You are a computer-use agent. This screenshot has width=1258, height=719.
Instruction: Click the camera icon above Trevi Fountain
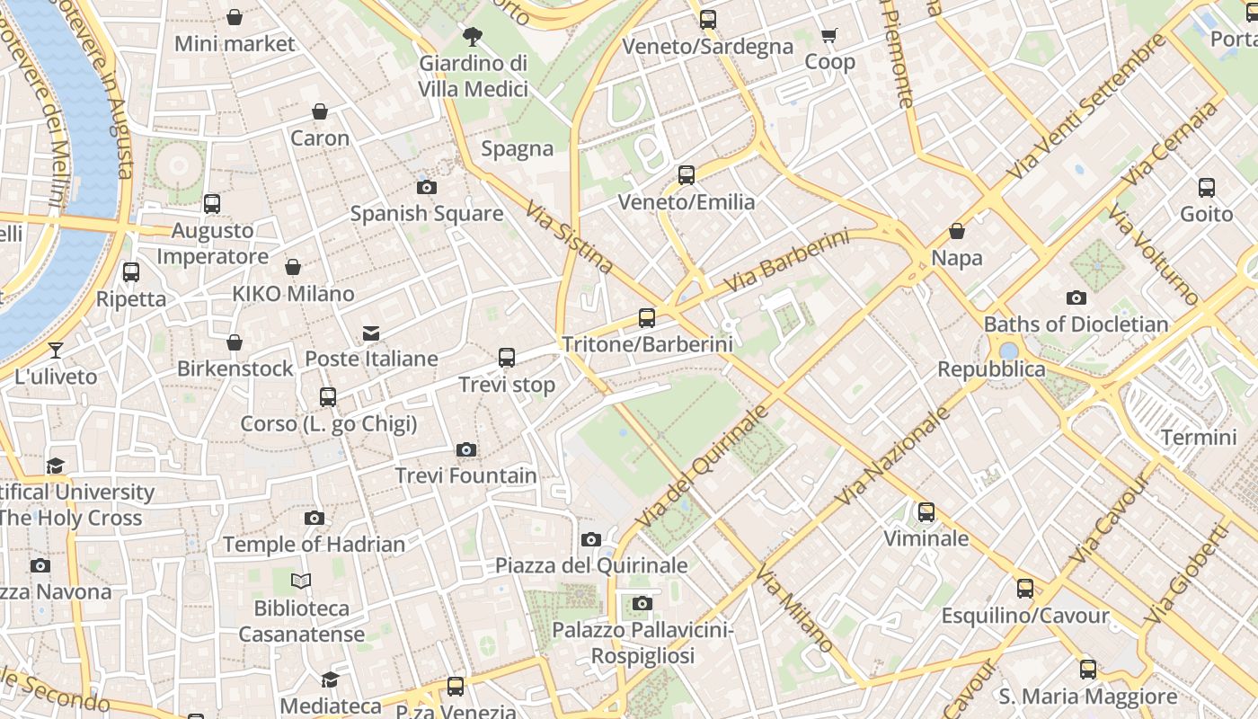[x=465, y=449]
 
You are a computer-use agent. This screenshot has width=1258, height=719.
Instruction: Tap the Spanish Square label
[x=427, y=214]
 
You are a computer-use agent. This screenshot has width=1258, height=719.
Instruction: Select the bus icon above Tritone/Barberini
[x=646, y=317]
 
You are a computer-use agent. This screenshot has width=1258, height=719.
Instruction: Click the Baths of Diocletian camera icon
[x=1076, y=297]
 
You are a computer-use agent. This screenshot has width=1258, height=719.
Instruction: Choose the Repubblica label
[x=991, y=369]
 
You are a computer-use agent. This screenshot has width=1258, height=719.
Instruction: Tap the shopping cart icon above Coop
[x=828, y=36]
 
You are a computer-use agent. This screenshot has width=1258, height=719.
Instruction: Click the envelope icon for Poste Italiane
[x=370, y=333]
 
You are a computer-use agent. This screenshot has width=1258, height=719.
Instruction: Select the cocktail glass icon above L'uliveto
[x=56, y=350]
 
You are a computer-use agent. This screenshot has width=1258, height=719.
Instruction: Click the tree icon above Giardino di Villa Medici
[x=472, y=37]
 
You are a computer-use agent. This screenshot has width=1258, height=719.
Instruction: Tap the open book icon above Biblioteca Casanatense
[x=301, y=581]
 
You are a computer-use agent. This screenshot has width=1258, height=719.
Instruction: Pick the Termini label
[x=1199, y=438]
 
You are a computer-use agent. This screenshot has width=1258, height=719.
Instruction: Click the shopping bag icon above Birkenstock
[x=235, y=342]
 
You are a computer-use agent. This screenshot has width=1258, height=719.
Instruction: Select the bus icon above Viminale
[x=926, y=512]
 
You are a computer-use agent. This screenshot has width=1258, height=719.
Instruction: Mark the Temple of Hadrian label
[x=314, y=545]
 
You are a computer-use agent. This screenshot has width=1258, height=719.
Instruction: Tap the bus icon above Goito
[x=1206, y=188]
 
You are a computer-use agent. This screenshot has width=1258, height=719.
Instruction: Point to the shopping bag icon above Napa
[x=957, y=231]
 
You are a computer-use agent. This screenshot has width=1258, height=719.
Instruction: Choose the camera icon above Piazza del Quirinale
[x=590, y=539]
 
